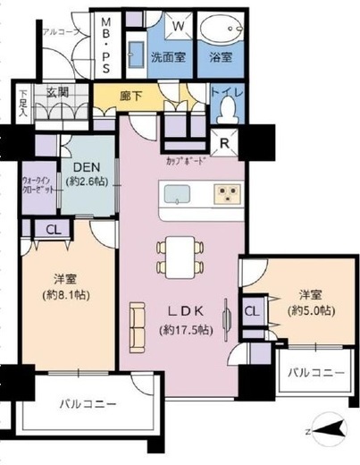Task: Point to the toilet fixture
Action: (x=229, y=108)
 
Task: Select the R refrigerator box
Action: (x=223, y=142)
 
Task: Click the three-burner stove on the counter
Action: (x=224, y=193)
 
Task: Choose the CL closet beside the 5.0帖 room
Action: (x=251, y=312)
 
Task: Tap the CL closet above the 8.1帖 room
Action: (x=41, y=228)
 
